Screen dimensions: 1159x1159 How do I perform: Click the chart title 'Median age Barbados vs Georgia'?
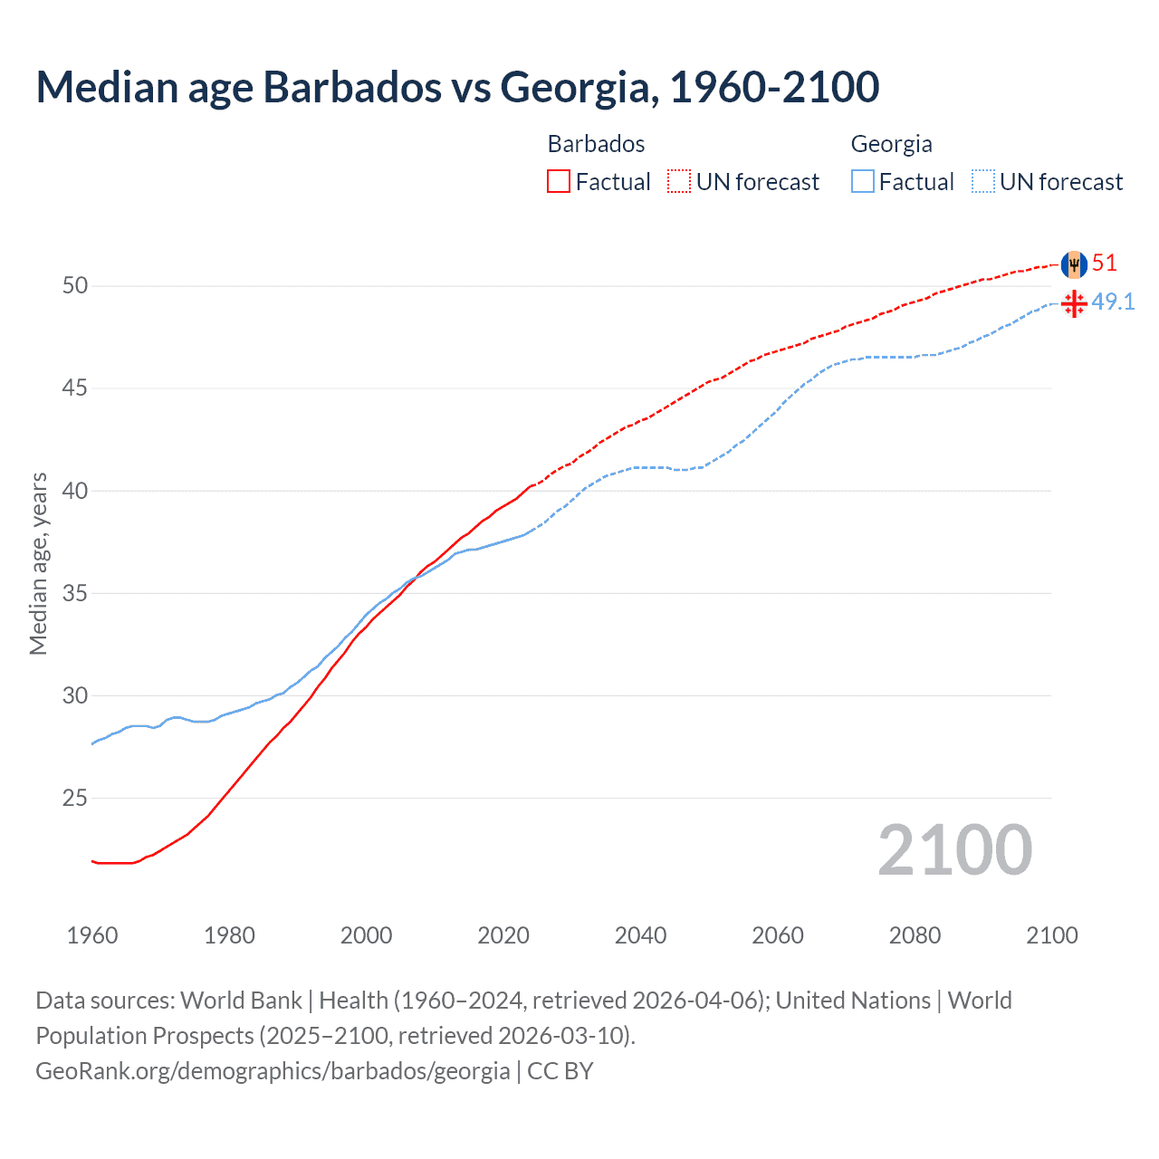(x=457, y=87)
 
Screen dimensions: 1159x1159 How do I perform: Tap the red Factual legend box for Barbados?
(x=559, y=182)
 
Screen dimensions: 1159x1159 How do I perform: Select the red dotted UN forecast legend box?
(x=679, y=182)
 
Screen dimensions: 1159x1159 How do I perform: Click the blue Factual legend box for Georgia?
(x=862, y=182)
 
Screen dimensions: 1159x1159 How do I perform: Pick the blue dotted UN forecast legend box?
(x=982, y=182)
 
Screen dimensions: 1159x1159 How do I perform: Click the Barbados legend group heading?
(x=596, y=144)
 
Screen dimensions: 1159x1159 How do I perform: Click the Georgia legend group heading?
(x=891, y=144)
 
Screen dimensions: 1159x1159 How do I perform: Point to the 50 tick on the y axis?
(x=75, y=286)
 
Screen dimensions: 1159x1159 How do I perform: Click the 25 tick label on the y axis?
(x=75, y=799)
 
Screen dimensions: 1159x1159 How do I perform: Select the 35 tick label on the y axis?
(x=75, y=594)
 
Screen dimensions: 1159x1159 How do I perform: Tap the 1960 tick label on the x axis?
(x=92, y=935)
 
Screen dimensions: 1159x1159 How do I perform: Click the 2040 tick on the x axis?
(x=640, y=935)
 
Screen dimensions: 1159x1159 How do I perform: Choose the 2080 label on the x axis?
(x=915, y=935)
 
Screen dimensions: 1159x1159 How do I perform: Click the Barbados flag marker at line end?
(x=1074, y=264)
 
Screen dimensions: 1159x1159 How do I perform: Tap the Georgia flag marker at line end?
(x=1074, y=303)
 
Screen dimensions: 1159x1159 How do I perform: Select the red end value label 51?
(x=1104, y=263)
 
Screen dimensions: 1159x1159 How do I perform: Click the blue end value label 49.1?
(x=1113, y=302)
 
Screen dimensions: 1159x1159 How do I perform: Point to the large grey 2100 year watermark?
(x=954, y=850)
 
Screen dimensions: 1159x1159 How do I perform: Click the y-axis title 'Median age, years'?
(x=38, y=563)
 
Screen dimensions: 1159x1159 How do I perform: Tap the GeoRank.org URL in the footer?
(x=273, y=1071)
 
